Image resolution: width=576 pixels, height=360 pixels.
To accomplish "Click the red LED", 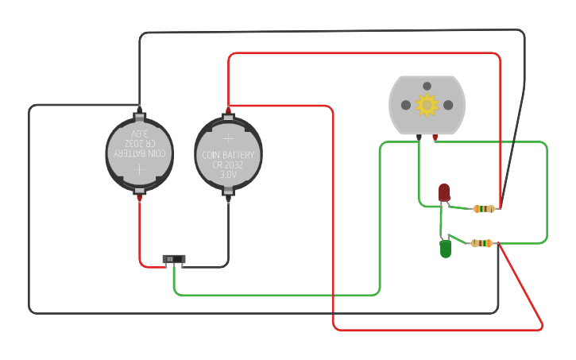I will coord(444,192).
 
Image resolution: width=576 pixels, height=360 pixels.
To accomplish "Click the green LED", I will coord(446,250).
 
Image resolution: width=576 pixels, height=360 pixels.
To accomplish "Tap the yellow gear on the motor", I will coord(427,105).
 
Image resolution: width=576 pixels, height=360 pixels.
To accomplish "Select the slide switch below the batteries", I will coord(174,259).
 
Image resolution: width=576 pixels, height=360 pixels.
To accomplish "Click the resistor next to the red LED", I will coord(484,209).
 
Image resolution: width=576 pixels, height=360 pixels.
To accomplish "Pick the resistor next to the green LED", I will coord(481,243).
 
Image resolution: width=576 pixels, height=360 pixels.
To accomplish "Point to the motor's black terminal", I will coord(419,137).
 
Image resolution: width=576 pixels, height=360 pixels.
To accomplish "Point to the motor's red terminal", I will coord(435,137).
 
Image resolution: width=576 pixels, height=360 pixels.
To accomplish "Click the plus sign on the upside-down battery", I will coord(140,169).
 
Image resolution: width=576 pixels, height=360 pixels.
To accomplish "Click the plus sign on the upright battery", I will coord(228,137).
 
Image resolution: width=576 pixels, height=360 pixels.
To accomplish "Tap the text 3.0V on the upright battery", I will coord(228,173).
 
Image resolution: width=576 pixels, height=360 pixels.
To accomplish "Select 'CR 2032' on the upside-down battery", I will coord(140,143).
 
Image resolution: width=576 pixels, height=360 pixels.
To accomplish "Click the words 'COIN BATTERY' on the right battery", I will coord(228,154).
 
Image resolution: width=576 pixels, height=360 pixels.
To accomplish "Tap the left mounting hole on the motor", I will coord(406,105).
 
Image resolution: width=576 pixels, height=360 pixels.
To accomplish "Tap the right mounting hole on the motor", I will coord(448,105).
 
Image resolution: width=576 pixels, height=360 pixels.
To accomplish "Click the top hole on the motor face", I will coord(427,86).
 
